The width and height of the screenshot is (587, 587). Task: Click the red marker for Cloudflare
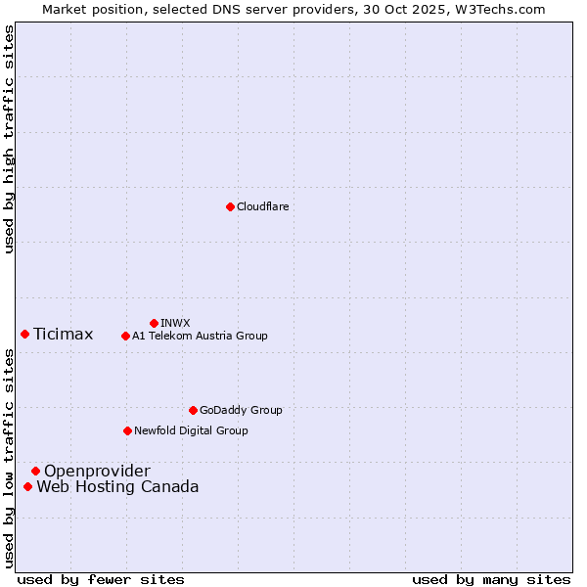tap(230, 206)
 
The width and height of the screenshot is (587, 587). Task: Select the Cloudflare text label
tap(262, 206)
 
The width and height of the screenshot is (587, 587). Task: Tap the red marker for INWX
tap(154, 323)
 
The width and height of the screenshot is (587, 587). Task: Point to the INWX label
tap(175, 323)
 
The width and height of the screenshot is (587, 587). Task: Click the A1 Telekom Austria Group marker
tap(125, 336)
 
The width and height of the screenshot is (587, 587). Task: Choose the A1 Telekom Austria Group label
tap(200, 336)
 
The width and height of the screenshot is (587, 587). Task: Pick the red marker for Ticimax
tap(24, 334)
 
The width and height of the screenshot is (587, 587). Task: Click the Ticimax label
tap(63, 335)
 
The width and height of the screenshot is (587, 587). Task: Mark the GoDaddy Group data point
tap(193, 410)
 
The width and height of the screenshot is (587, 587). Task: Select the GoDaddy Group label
tap(241, 410)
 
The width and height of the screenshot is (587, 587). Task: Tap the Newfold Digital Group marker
tap(127, 430)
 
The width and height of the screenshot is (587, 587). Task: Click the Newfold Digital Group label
tap(191, 430)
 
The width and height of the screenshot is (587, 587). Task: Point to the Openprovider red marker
tap(35, 471)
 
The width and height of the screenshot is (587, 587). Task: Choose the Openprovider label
tap(97, 472)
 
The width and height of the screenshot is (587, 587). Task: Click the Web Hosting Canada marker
tap(27, 486)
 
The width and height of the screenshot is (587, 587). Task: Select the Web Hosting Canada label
tap(117, 487)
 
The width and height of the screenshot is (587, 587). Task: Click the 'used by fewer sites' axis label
tap(101, 579)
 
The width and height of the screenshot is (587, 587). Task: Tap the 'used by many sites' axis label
tap(491, 579)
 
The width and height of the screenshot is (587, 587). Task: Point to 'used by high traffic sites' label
tap(9, 139)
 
